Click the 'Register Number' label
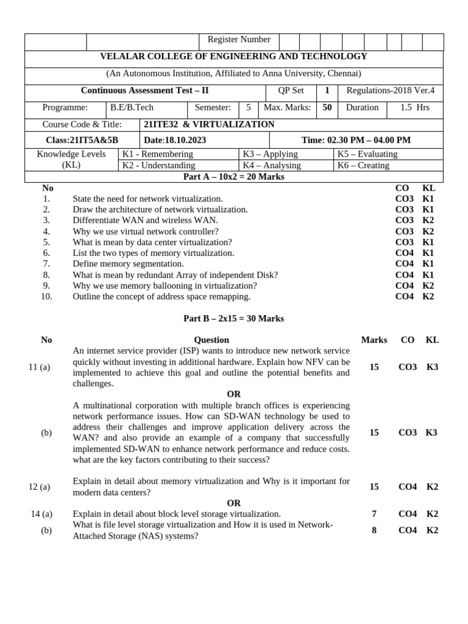239,40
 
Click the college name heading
233,57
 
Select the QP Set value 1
327,91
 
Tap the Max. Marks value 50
327,108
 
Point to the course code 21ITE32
161,124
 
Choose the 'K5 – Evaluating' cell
367,154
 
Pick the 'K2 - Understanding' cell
158,165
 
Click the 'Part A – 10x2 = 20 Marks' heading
233,177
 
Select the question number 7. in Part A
46,264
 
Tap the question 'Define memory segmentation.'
128,264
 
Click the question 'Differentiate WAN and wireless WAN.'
145,220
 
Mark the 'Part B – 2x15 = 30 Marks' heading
233,319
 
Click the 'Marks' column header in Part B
374,340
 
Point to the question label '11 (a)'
40,367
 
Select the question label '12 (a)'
40,487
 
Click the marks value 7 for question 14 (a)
374,514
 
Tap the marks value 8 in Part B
374,531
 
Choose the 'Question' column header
211,340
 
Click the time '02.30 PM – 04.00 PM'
356,140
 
